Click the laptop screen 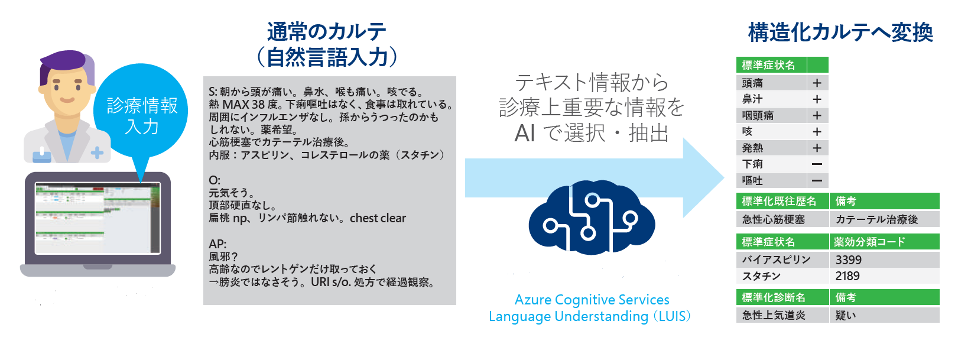[98, 218]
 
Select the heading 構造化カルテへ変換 [840, 33]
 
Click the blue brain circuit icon [592, 217]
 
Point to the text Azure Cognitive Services [592, 299]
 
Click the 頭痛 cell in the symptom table [771, 83]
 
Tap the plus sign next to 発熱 [817, 148]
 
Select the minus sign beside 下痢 [817, 164]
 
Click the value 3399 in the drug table [848, 260]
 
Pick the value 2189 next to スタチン [847, 276]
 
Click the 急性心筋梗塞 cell [782, 219]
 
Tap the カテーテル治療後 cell [884, 219]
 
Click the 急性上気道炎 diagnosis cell [782, 315]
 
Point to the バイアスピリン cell [782, 260]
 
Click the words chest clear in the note [378, 218]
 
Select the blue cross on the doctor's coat [97, 153]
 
